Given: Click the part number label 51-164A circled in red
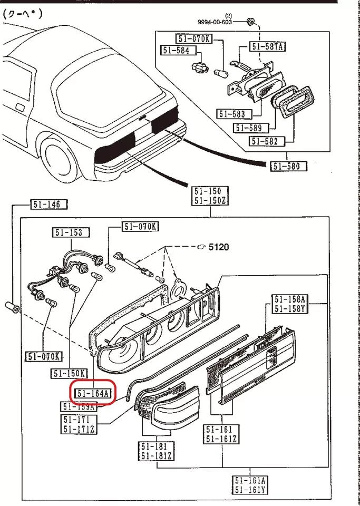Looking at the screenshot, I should (x=93, y=393).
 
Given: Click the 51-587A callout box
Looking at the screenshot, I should (x=268, y=46).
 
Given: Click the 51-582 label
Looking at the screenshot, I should (x=267, y=141).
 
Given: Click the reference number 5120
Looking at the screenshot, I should (x=218, y=247).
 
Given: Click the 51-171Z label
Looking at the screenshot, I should (x=80, y=429).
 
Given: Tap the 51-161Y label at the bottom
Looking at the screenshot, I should (x=251, y=490).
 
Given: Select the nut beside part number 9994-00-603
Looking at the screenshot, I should (x=251, y=22).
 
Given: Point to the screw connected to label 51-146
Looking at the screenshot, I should (x=13, y=307).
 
